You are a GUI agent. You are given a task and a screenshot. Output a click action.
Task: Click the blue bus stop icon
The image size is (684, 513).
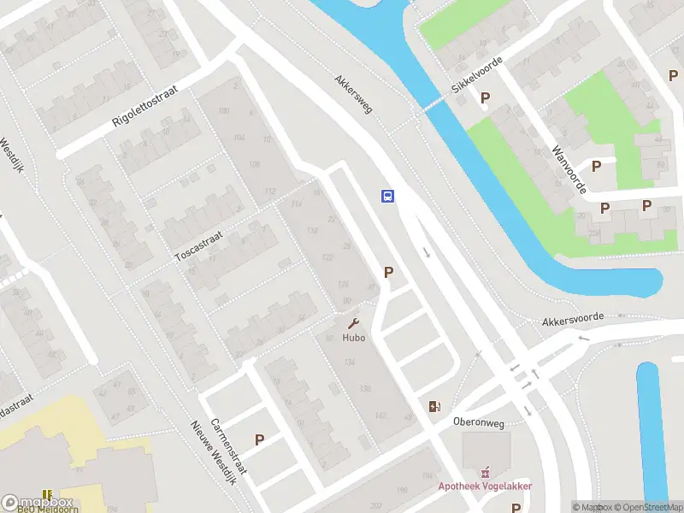(x=387, y=196)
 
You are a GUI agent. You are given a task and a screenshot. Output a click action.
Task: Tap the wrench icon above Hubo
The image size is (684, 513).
(x=353, y=324)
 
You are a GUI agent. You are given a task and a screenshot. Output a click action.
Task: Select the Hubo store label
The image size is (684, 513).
(x=354, y=338)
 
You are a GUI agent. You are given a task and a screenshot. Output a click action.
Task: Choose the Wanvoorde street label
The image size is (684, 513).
(x=568, y=168)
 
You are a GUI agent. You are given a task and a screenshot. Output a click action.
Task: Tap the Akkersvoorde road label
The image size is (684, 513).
(x=573, y=319)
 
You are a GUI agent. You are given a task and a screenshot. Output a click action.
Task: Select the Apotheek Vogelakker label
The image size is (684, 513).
(x=486, y=486)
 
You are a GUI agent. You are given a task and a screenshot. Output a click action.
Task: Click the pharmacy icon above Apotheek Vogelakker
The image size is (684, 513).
(x=486, y=471)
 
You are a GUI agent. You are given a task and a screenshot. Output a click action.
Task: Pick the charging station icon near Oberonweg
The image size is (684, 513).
(x=434, y=406)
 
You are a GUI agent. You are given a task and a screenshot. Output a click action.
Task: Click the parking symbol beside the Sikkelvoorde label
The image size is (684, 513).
(x=486, y=98)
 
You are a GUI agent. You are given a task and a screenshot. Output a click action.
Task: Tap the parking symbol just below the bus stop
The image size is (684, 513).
(x=389, y=273)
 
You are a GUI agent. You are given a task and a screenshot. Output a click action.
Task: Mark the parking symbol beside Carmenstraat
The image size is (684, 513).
(x=259, y=439)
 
